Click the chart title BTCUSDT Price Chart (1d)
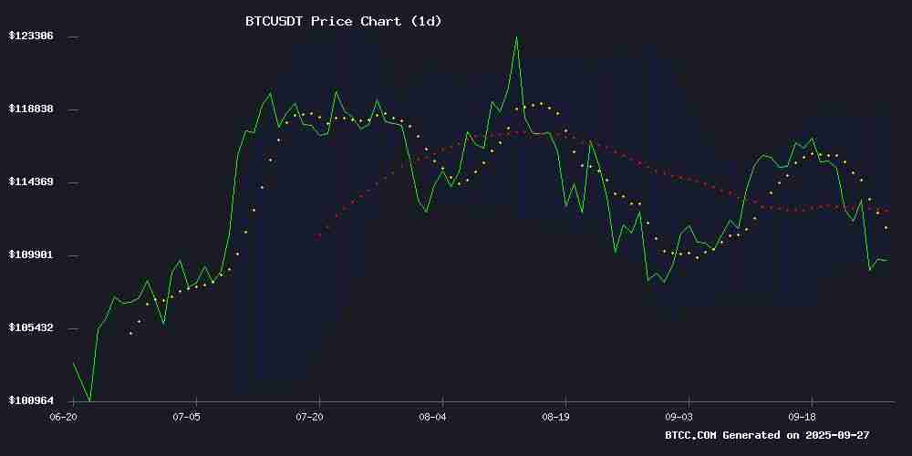point(343,21)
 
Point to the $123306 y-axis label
point(31,36)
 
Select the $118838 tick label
point(31,109)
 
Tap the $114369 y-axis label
point(31,181)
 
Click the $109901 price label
point(31,254)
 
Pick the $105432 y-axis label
point(31,327)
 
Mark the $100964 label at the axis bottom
point(31,400)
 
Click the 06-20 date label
point(63,416)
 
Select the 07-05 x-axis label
point(186,416)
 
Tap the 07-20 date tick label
point(309,416)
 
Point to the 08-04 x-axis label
point(432,416)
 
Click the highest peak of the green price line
point(516,36)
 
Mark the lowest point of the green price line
point(90,400)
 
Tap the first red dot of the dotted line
point(319,235)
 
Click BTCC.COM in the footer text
point(691,435)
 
